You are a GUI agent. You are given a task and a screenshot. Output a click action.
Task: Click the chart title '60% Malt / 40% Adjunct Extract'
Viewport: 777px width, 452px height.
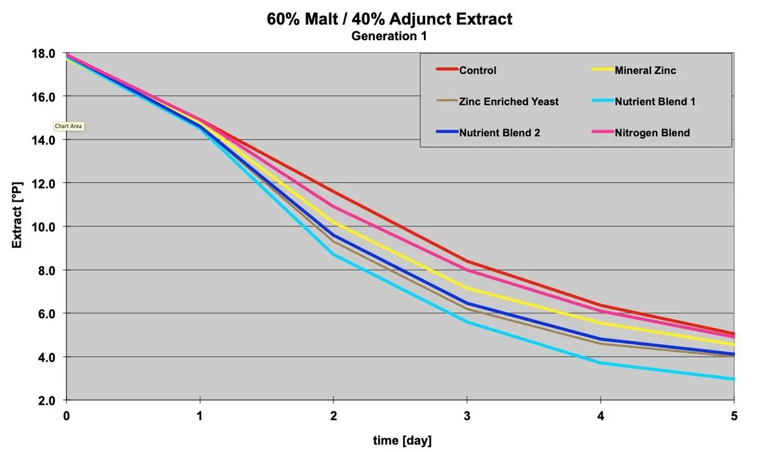[389, 19]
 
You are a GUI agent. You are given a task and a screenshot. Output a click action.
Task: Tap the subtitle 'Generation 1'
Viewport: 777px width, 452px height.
[389, 36]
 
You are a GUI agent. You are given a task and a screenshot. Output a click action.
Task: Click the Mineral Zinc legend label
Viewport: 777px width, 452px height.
[645, 70]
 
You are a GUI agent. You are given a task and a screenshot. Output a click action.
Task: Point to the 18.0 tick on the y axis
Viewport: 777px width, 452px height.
[43, 53]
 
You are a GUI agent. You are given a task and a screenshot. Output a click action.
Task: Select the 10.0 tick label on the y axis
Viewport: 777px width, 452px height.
[43, 226]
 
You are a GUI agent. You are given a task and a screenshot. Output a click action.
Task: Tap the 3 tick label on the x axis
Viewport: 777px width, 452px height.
[467, 415]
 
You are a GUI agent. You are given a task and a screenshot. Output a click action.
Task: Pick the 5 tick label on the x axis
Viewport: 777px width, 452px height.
[734, 415]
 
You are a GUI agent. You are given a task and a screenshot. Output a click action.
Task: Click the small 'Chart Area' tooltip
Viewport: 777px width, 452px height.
[68, 126]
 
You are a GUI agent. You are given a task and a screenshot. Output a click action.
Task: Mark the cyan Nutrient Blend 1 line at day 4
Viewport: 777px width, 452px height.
[600, 363]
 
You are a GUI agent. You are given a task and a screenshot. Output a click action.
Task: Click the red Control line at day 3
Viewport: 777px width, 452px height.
[467, 261]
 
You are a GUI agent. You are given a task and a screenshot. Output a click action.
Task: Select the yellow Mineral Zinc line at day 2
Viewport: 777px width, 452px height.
[333, 223]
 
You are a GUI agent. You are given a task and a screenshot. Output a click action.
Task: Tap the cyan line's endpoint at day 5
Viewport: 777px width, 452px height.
[733, 379]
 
